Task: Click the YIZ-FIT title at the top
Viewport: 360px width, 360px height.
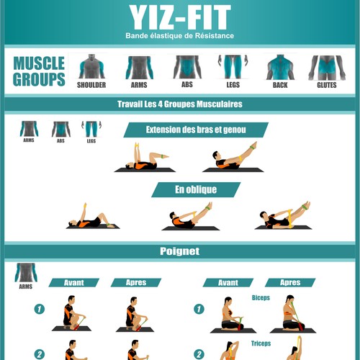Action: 180,17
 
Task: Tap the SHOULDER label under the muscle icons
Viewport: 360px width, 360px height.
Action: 91,85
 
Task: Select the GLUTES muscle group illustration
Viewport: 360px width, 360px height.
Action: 327,68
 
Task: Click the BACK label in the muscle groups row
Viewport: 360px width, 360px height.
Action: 280,85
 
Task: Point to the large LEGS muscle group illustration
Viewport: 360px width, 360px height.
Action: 233,67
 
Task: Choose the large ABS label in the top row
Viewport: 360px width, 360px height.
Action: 187,84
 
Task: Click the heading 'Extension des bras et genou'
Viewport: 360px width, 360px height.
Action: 196,130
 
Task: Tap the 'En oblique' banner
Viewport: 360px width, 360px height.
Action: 196,189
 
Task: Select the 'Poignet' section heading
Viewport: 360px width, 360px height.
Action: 180,251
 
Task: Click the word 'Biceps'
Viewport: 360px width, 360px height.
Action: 261,298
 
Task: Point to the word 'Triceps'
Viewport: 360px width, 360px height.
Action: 261,343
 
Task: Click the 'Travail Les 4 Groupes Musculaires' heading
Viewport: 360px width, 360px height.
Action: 180,104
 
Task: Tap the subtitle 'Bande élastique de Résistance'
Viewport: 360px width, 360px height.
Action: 180,36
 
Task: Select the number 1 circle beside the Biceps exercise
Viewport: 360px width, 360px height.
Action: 199,309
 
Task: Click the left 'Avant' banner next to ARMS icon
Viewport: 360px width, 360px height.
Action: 74,282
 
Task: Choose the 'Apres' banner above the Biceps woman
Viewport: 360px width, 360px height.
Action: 290,282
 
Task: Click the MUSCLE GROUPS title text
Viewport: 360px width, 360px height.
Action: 39,71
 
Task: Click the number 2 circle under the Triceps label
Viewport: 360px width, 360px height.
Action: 199,354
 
